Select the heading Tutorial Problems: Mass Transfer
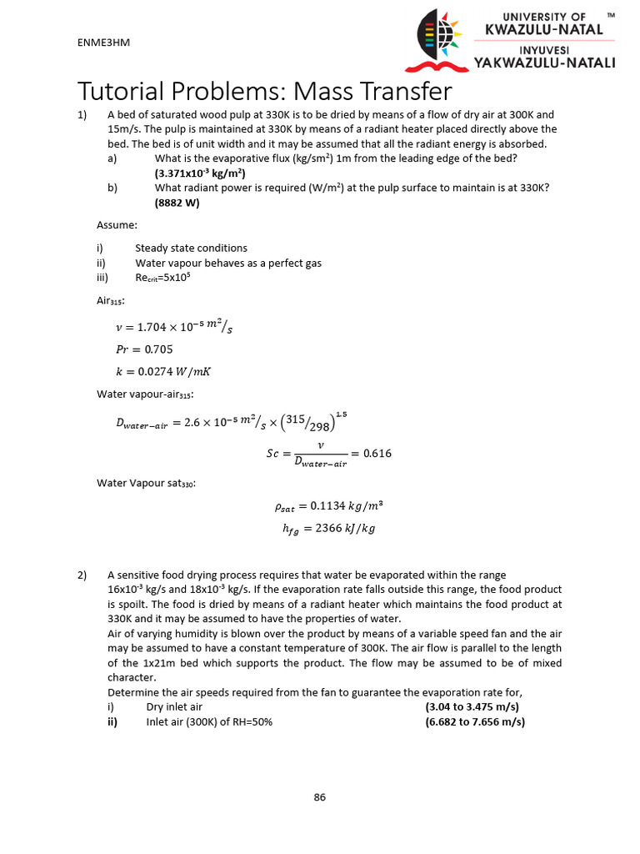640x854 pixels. click(265, 91)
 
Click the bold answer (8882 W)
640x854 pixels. click(177, 203)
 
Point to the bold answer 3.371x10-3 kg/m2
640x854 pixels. click(198, 173)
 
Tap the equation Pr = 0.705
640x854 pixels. click(145, 349)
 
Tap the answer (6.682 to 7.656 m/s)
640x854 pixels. click(475, 722)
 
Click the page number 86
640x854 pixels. click(319, 797)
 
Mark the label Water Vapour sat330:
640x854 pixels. click(146, 482)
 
